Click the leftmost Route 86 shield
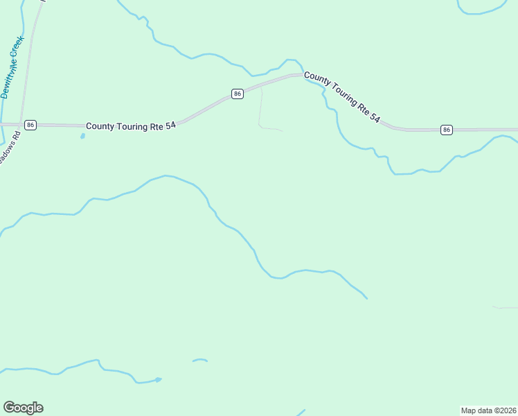pos(30,125)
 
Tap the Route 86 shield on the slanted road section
pos(238,94)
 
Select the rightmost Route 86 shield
pos(447,130)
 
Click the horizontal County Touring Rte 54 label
pos(130,126)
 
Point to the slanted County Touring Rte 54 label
pos(342,98)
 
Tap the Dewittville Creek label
pos(12,67)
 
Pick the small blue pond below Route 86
pos(82,136)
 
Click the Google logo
pos(23,408)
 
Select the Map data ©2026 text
pos(488,410)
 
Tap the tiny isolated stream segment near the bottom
pos(200,360)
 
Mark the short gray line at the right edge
pos(506,307)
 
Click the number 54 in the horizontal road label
pos(170,126)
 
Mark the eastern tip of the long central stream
pos(366,298)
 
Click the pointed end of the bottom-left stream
pos(160,379)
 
